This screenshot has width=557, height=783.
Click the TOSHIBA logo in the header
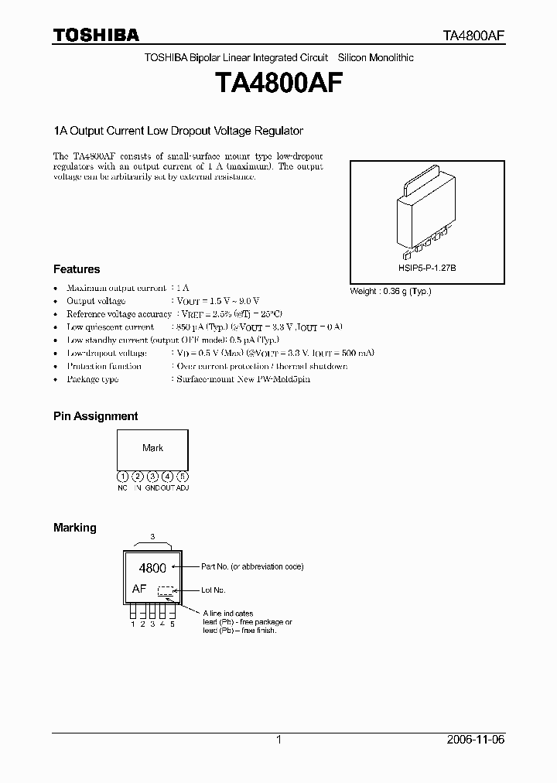click(96, 35)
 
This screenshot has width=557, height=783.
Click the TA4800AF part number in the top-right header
click(473, 36)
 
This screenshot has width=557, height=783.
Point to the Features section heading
click(77, 269)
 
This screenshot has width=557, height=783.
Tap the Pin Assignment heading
click(95, 415)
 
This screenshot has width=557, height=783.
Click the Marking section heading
click(75, 527)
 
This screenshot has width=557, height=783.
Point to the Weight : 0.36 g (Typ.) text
click(391, 291)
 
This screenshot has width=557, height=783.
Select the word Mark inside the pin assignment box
click(152, 448)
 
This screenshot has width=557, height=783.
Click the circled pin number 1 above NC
click(122, 477)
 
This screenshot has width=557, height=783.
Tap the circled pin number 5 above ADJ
click(183, 477)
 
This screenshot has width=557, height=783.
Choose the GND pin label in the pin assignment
click(152, 488)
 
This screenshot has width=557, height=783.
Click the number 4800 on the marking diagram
click(152, 568)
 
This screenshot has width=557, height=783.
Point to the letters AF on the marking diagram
click(139, 589)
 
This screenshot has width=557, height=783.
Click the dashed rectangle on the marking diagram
click(166, 590)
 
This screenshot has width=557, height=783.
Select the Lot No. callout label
click(214, 590)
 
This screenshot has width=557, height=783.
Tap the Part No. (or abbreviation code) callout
click(252, 567)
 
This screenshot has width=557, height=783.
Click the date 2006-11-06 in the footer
click(475, 740)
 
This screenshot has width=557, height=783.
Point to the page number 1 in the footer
click(278, 740)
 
